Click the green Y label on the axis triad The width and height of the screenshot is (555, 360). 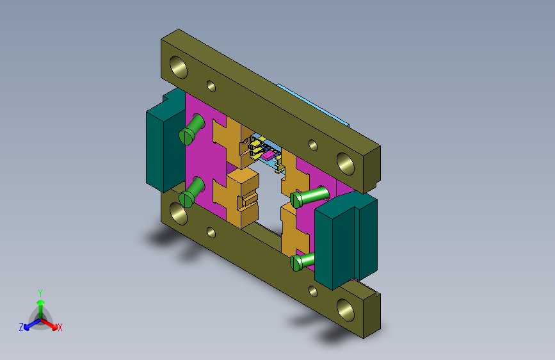point(40,292)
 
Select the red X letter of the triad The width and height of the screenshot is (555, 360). point(60,327)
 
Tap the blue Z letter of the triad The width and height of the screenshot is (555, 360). point(20,327)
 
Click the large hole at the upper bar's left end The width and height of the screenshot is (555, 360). point(179,66)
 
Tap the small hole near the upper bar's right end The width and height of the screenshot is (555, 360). point(313,145)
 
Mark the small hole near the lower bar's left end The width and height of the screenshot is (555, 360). point(211,233)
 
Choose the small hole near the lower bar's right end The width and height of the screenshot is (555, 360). point(313,291)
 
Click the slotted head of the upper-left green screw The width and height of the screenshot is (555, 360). point(187,135)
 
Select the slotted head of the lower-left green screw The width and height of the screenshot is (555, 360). point(186,199)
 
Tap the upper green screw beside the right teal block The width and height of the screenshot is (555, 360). point(297,199)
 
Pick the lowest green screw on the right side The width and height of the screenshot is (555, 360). point(296,263)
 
